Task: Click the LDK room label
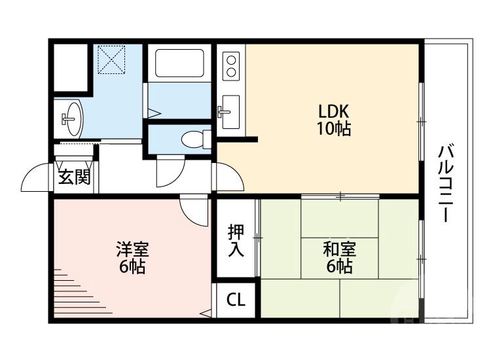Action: click(x=334, y=110)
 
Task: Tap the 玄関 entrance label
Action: click(x=73, y=177)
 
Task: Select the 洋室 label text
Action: click(x=133, y=249)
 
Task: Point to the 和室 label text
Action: click(x=339, y=249)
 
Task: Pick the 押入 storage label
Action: click(x=236, y=240)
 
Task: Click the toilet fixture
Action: click(x=194, y=139)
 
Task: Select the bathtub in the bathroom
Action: click(x=179, y=65)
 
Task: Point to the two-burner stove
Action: click(x=231, y=66)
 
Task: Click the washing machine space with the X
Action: click(x=110, y=58)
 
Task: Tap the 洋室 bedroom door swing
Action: click(x=194, y=209)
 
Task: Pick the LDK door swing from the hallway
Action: click(x=229, y=175)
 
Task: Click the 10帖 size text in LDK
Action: click(x=334, y=129)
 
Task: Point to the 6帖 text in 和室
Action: click(x=339, y=266)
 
